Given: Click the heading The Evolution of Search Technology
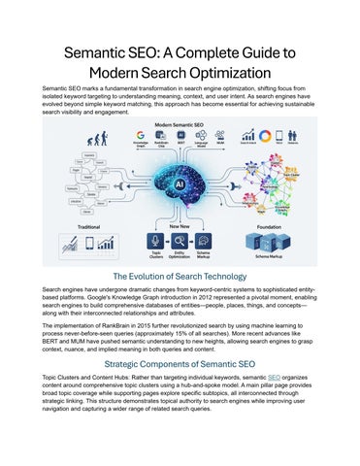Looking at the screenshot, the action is point(180,276).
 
